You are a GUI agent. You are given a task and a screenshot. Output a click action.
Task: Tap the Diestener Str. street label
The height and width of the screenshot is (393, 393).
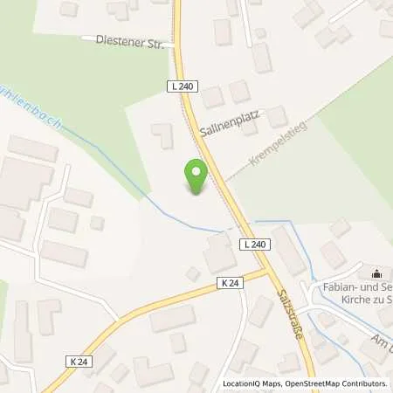(x=122, y=39)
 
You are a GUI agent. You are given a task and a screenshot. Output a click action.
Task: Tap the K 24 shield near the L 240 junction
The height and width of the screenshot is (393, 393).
(x=230, y=282)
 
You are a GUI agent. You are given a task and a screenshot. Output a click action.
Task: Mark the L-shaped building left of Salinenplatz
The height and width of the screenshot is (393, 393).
(x=162, y=135)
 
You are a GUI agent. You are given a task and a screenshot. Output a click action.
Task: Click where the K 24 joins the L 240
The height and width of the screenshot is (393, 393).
(x=267, y=272)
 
